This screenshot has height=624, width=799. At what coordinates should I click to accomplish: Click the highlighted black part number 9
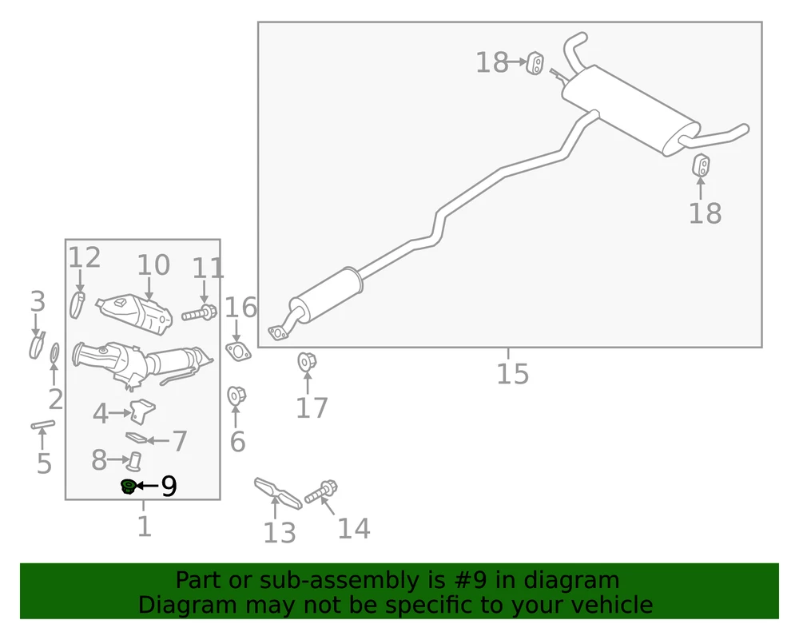click(x=127, y=486)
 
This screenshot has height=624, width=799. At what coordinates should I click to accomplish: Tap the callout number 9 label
click(x=169, y=486)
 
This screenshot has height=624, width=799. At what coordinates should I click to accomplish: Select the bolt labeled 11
click(x=199, y=312)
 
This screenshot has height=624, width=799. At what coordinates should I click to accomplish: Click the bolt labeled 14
click(x=321, y=491)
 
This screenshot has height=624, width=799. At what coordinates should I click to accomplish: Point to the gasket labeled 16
click(x=238, y=351)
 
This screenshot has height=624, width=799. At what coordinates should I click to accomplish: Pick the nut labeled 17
click(x=307, y=362)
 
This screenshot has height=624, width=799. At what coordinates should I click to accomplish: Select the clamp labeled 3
click(x=37, y=345)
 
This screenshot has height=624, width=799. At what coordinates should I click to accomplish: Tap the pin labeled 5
click(x=43, y=424)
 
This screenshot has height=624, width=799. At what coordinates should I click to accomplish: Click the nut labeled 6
click(x=237, y=395)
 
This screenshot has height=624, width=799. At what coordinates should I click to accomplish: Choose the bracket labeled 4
click(x=142, y=410)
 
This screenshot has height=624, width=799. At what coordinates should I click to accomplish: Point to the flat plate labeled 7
click(x=137, y=438)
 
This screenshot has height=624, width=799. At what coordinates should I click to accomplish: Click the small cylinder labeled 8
click(x=135, y=461)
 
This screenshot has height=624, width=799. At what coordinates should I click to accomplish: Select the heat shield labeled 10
click(x=133, y=314)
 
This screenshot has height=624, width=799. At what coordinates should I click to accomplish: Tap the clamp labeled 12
click(x=77, y=304)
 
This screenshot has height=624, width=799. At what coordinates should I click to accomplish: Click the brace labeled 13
click(x=278, y=493)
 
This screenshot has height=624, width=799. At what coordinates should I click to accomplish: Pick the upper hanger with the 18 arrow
click(x=535, y=63)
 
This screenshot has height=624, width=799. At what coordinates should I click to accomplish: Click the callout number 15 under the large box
click(x=513, y=373)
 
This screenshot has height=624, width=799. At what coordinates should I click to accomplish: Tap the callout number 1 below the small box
click(x=145, y=527)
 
